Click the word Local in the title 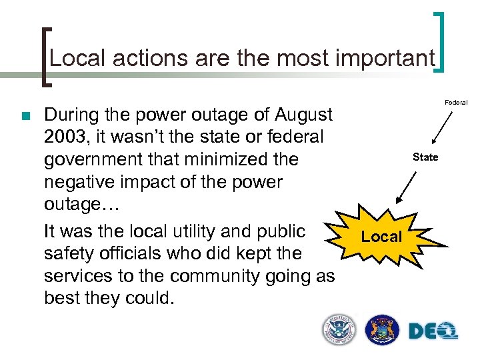76,58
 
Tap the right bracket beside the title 440,43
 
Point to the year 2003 67,137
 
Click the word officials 132,254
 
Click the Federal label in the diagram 457,102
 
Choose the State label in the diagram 425,157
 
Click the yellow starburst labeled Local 382,237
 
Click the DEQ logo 433,330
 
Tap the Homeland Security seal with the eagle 339,330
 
